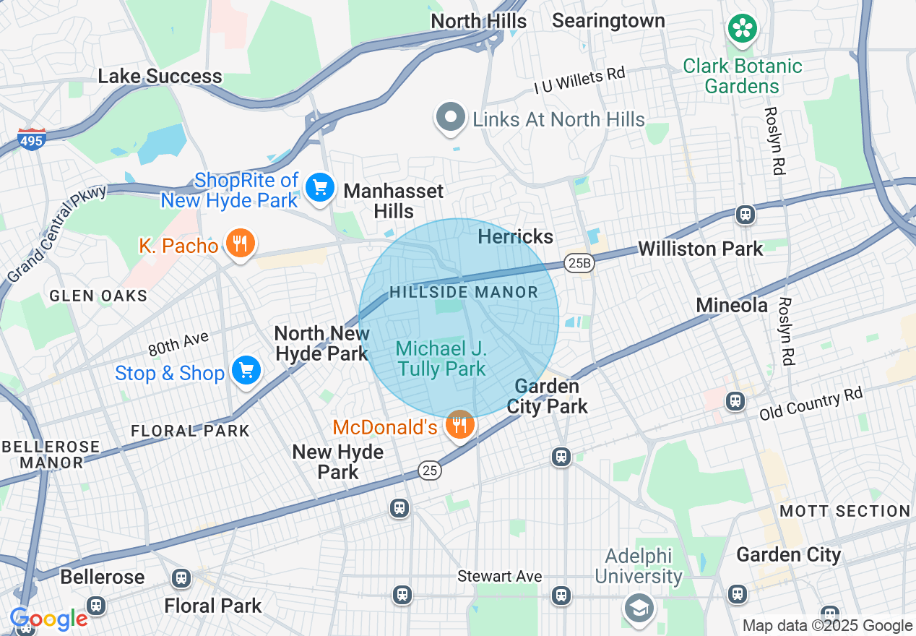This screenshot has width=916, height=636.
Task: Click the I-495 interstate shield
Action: tap(32, 139)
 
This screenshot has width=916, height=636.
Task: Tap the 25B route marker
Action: tap(579, 264)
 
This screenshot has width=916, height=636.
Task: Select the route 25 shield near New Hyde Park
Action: tap(429, 470)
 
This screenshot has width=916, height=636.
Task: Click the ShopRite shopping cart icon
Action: tap(319, 188)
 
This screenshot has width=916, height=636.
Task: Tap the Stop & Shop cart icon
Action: tap(246, 371)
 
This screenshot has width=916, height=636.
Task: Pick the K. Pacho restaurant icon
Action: tap(239, 244)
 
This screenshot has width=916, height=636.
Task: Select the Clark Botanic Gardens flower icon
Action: tap(741, 30)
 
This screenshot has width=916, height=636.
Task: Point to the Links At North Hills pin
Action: tap(451, 117)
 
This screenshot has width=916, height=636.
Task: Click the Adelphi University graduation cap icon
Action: tap(639, 607)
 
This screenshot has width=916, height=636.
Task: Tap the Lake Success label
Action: tap(160, 77)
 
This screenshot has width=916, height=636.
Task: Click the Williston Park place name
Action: tap(700, 249)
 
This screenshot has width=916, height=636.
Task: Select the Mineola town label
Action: tap(731, 305)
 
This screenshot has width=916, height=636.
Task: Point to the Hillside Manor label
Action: tap(464, 293)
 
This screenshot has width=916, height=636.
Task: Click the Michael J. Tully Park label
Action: tap(441, 359)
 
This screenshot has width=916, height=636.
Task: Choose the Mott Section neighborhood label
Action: tap(844, 511)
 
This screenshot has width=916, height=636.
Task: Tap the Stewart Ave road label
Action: tap(499, 576)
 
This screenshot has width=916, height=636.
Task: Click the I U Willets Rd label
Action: tap(579, 81)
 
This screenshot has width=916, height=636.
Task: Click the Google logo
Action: tap(48, 619)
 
